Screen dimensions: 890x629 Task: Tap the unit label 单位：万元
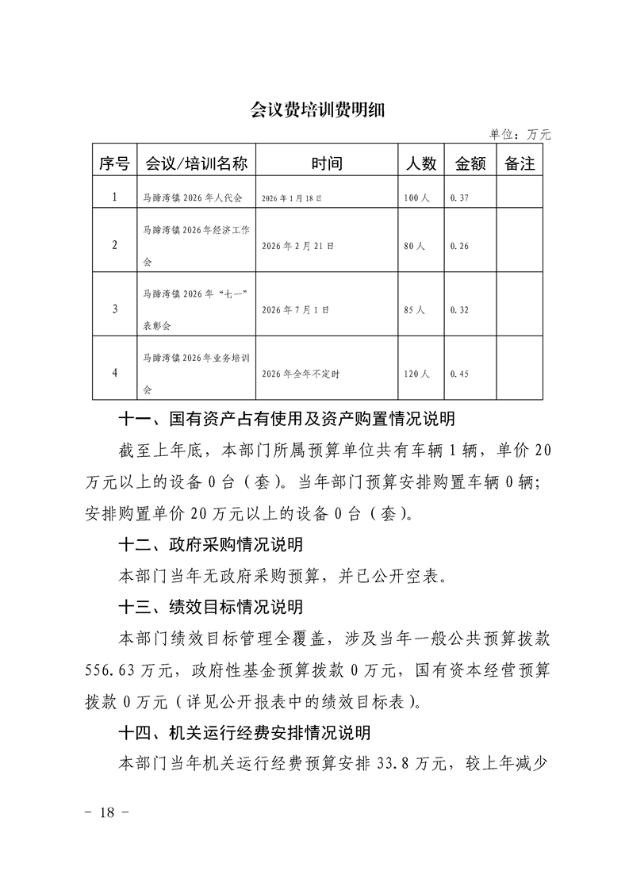coord(520,135)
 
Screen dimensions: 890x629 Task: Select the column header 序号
coord(114,163)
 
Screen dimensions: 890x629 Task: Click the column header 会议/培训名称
coord(196,163)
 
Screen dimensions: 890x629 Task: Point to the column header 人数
coord(421,163)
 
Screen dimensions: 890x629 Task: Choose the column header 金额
coord(470,163)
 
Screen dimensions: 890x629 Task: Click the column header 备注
coord(520,163)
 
